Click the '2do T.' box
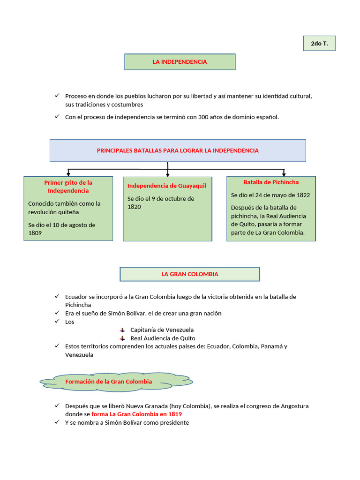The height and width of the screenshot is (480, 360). coord(319,44)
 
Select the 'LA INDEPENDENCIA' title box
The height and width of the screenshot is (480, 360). coord(180,62)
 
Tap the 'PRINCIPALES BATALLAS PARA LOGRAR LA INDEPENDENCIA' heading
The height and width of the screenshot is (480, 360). coord(178,150)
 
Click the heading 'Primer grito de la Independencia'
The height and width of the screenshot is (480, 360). coord(68,187)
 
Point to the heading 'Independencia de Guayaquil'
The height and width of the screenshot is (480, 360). coord(166,186)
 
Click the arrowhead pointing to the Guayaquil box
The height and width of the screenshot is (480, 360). coord(168,174)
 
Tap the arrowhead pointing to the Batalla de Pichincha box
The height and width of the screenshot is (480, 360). coord(284,174)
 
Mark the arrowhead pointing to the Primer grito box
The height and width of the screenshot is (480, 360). coord(68,174)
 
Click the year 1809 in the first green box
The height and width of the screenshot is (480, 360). coord(35,233)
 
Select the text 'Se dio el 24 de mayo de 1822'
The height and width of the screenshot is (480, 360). coord(270,195)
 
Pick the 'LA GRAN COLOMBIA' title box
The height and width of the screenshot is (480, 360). coord(190,274)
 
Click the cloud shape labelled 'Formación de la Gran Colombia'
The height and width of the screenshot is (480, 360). coord(115,382)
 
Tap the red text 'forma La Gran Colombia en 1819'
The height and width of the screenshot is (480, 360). coord(136,414)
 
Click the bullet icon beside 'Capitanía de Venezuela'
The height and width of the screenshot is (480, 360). coord(122,330)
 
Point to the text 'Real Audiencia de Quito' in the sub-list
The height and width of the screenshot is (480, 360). coord(163,338)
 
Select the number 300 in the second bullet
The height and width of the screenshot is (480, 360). coord(203,117)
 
